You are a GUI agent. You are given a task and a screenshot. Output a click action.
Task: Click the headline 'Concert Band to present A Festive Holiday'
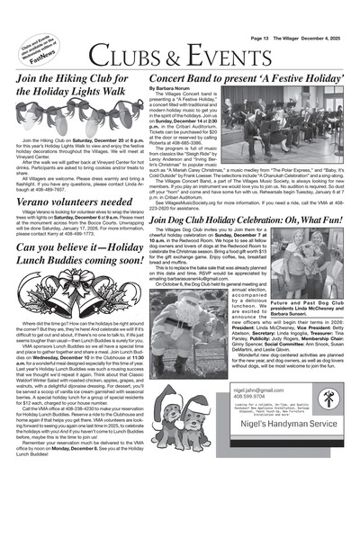pyautogui.click(x=245, y=81)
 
